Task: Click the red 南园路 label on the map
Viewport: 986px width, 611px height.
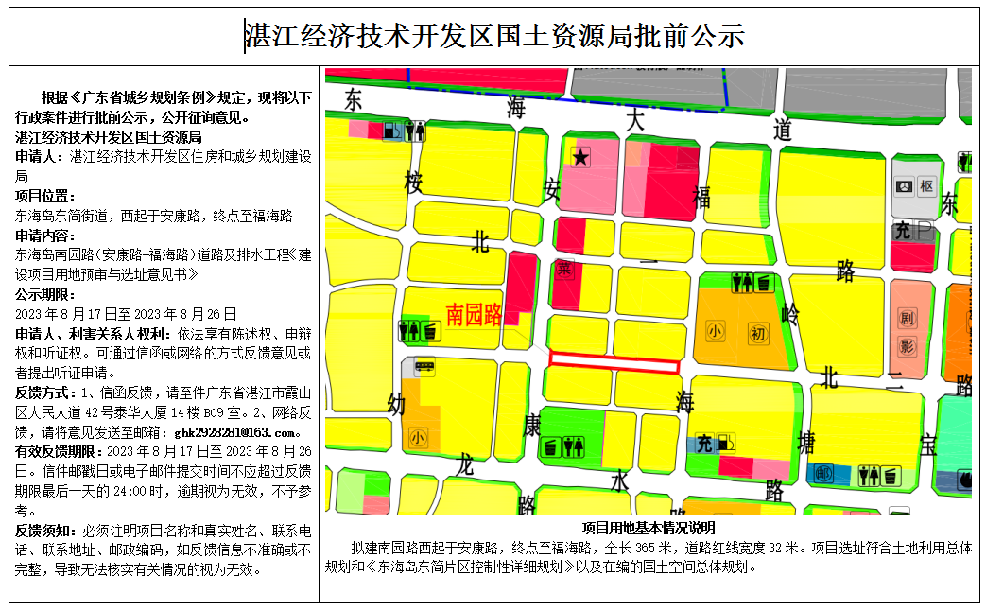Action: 474,315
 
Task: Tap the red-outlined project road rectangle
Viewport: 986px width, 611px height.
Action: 614,362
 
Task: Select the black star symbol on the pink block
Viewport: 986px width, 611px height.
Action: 580,159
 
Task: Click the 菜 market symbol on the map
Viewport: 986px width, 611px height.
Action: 565,270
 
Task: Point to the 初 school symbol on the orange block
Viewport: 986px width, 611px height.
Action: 758,333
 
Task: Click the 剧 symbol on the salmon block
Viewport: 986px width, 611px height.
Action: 907,319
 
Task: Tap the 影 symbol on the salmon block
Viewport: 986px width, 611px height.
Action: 907,347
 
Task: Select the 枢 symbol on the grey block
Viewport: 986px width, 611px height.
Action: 926,186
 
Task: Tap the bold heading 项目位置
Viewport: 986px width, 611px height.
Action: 43,196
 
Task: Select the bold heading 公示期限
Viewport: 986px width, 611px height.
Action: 43,294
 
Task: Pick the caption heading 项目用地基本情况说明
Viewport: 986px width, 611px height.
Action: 649,528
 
